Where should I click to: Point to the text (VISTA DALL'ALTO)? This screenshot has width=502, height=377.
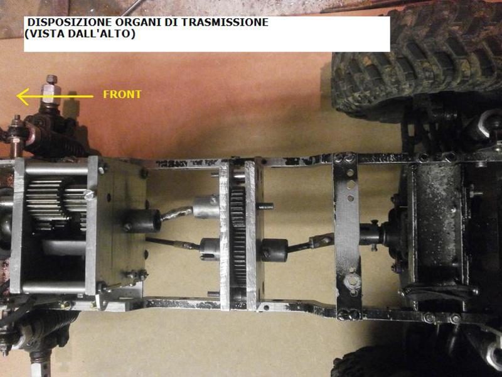click(x=80, y=33)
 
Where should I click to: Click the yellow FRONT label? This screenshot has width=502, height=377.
click(x=122, y=95)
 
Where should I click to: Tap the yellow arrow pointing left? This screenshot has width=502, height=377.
click(x=55, y=96)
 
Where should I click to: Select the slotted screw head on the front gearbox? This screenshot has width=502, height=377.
click(x=90, y=194)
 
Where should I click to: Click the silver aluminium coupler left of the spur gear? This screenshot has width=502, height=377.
click(x=206, y=207)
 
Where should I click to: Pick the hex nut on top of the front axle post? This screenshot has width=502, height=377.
click(x=51, y=79)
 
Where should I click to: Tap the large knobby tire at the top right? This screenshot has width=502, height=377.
click(x=416, y=61)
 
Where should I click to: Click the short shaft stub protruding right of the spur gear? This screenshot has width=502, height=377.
click(x=265, y=206)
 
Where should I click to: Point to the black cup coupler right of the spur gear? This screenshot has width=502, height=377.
click(x=274, y=250)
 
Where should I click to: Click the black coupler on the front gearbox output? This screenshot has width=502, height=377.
click(x=142, y=221)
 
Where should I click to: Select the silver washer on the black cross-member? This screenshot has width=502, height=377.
click(x=352, y=281)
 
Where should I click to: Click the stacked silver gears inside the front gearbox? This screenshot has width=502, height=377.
click(x=56, y=204)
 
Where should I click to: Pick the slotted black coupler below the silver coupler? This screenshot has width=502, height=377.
click(x=210, y=249)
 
